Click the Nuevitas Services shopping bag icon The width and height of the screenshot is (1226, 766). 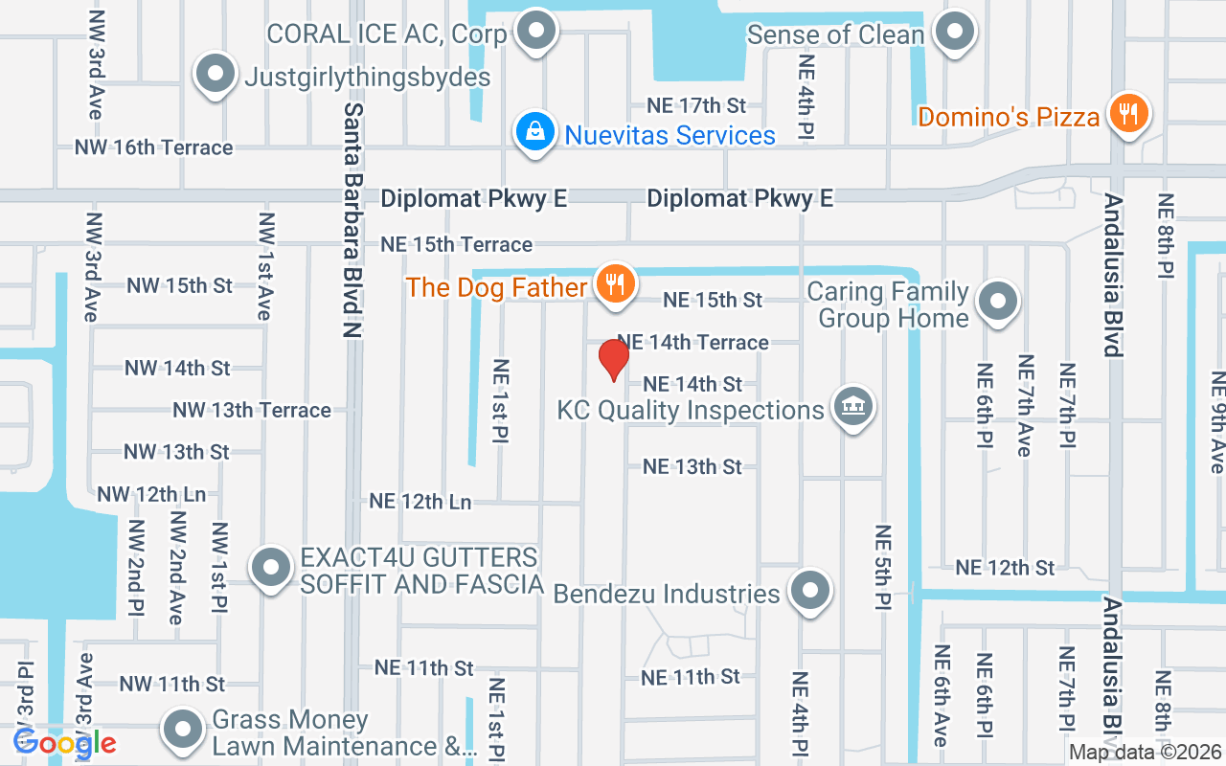[x=535, y=133]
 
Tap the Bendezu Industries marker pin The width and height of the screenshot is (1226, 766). [x=810, y=591]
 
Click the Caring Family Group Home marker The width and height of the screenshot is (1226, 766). [x=998, y=302]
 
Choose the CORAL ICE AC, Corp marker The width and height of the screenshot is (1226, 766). [x=536, y=32]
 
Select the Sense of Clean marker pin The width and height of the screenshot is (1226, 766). [x=954, y=32]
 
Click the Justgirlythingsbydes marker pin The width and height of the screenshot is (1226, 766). [x=216, y=75]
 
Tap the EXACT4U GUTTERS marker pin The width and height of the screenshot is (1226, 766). [x=271, y=569]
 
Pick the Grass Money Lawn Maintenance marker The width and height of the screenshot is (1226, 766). [x=182, y=731]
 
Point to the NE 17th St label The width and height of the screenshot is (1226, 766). [x=696, y=105]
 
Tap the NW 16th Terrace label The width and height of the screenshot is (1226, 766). [x=154, y=147]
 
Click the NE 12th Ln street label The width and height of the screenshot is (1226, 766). [x=420, y=501]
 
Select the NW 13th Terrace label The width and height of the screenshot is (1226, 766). [x=252, y=410]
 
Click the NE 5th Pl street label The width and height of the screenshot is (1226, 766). [x=882, y=567]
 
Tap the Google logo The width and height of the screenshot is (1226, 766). [x=64, y=742]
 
